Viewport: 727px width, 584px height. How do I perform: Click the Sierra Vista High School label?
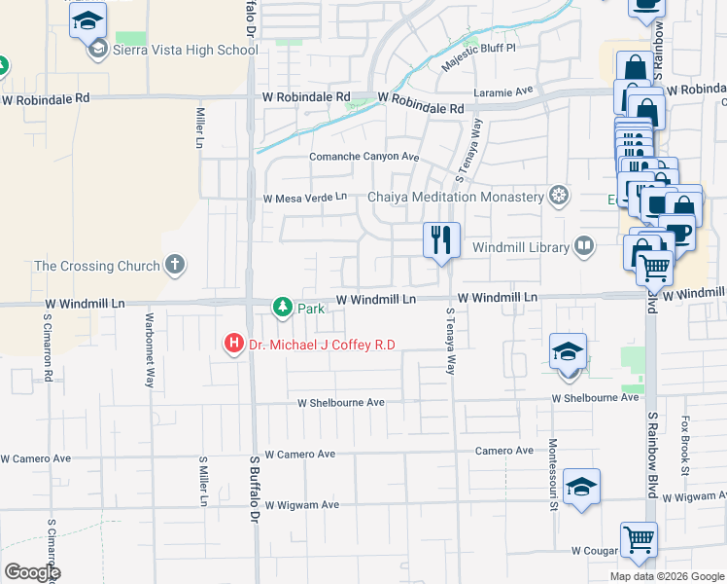tap(185, 50)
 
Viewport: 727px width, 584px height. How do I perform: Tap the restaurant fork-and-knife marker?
tap(441, 239)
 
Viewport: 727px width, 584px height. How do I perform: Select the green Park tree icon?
tap(283, 308)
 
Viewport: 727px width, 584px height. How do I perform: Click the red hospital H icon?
tap(233, 344)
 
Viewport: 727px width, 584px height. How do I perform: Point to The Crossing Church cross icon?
tap(175, 264)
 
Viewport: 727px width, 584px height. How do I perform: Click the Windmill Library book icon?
tap(584, 246)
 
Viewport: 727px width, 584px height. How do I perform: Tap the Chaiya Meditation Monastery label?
tap(456, 197)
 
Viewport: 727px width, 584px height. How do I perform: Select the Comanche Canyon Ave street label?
tap(363, 157)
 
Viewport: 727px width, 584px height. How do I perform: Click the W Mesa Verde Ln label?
tap(305, 198)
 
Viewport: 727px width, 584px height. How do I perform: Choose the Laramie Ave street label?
tap(504, 91)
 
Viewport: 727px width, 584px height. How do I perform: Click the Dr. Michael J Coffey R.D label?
tap(322, 344)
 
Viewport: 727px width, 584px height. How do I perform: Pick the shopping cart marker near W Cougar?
tap(639, 540)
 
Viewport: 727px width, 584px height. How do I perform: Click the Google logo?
tap(32, 572)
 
